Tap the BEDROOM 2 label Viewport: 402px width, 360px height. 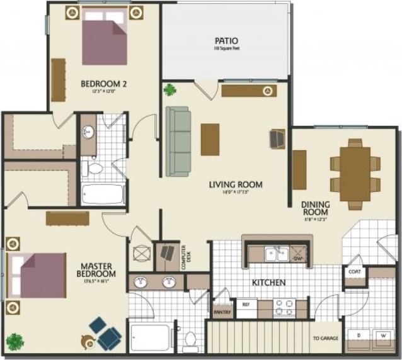tap(104, 84)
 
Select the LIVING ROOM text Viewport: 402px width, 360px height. tap(236, 185)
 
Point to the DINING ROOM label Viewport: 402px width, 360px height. tap(314, 208)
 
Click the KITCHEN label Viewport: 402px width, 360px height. tap(269, 283)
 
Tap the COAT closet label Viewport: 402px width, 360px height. tap(353, 271)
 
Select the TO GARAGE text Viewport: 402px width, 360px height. tap(325, 339)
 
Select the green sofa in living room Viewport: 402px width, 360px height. tap(178, 142)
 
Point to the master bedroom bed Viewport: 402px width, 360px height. tap(43, 275)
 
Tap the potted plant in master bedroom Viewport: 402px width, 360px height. tap(14, 342)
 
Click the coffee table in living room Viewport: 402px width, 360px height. tap(210, 139)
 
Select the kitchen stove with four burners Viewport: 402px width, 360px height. tap(284, 308)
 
